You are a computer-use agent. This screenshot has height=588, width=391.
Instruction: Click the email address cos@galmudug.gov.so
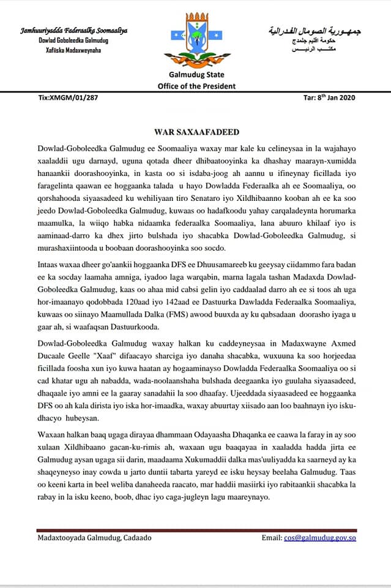point(320,538)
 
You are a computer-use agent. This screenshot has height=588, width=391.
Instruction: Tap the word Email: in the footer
point(272,538)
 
